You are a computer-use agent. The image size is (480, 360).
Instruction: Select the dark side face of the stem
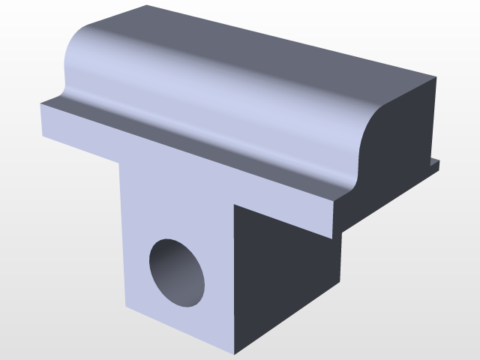[x=285, y=277]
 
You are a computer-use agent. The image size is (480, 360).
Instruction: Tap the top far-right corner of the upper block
[x=435, y=76]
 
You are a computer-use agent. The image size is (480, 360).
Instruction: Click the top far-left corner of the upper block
[x=147, y=6]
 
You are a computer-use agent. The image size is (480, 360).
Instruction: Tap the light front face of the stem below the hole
[x=180, y=322]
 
